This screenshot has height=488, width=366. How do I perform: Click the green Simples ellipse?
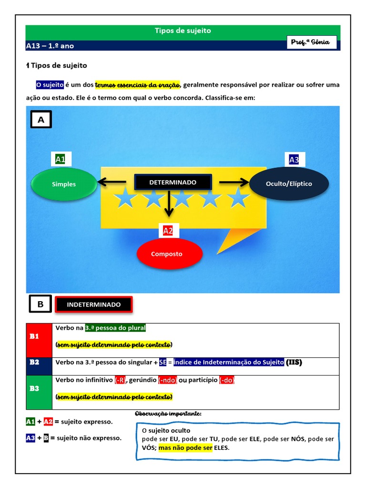[x=63, y=184]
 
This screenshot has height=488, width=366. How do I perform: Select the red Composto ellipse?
[x=167, y=254]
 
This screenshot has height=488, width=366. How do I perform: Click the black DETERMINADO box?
[x=173, y=183]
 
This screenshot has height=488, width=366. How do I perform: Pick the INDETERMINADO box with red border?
[x=94, y=305]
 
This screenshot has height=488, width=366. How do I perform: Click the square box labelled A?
[x=41, y=120]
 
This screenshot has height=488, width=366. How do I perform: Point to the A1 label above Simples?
[x=61, y=160]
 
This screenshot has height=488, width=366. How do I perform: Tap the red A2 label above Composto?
[x=168, y=231]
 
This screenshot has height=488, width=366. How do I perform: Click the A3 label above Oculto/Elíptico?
[x=294, y=160]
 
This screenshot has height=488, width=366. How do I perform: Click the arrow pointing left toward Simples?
[x=112, y=182]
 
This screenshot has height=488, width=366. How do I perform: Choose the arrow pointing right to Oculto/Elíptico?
[x=234, y=182]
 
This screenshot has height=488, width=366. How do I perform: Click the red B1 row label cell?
[x=39, y=336]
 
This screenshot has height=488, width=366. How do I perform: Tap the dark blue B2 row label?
[x=39, y=363]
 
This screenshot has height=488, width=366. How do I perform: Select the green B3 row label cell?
[x=39, y=389]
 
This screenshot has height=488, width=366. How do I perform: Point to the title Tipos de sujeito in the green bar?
[x=183, y=31]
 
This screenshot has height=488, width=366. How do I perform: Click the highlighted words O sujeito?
[x=50, y=85]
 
